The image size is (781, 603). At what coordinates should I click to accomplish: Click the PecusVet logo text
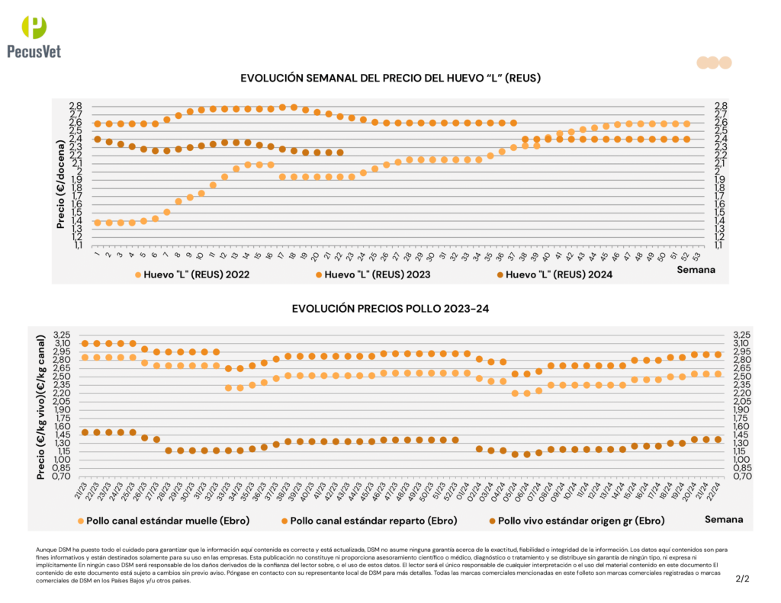click(x=34, y=51)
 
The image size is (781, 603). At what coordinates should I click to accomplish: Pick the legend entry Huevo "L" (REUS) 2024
click(x=559, y=274)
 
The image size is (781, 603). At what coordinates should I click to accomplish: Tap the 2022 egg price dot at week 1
click(x=97, y=223)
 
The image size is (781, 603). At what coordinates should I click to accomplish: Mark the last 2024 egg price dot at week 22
click(x=340, y=152)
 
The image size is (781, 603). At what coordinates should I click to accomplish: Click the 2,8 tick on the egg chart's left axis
click(x=76, y=106)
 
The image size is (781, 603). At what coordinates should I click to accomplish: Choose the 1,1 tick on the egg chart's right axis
click(x=720, y=245)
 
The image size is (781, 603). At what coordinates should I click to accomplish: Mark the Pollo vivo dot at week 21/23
click(x=85, y=432)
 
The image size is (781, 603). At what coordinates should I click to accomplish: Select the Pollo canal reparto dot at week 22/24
click(x=718, y=354)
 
